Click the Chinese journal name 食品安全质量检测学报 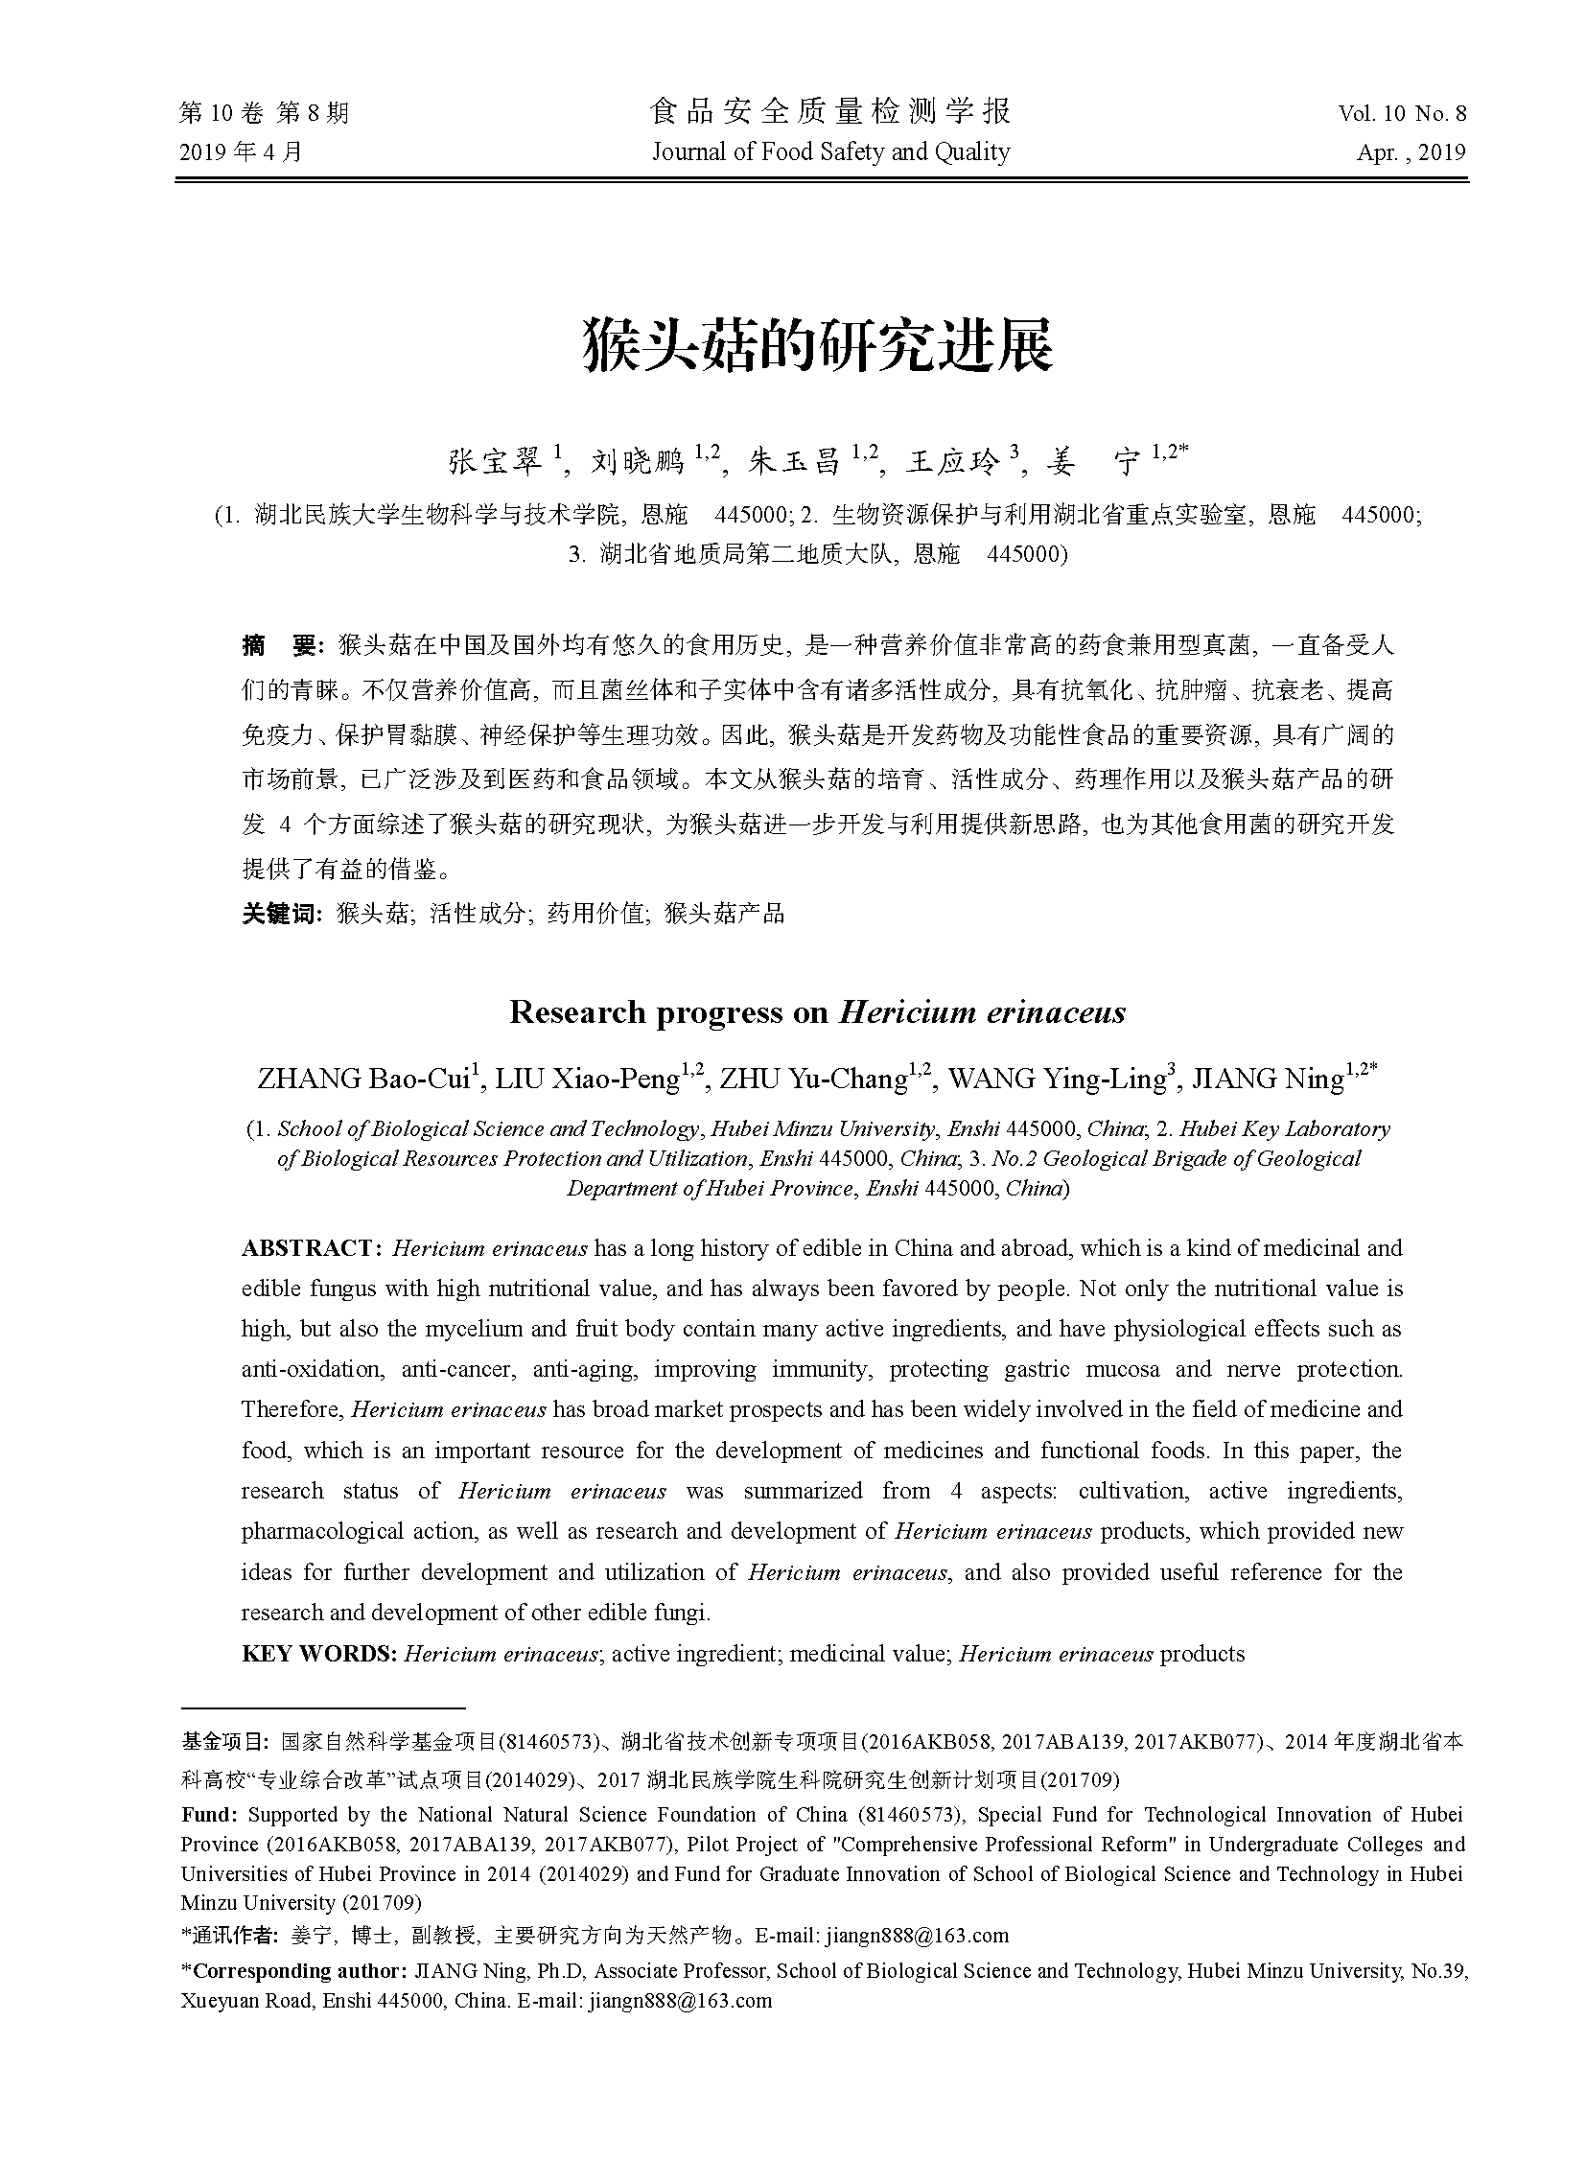click(x=830, y=112)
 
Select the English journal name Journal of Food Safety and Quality click(x=830, y=152)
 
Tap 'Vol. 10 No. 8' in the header click(x=1402, y=113)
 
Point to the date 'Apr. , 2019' click(x=1411, y=152)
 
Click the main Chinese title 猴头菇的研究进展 click(x=819, y=345)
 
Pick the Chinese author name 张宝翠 click(x=495, y=462)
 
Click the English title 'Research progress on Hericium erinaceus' click(x=817, y=1012)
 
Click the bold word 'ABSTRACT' click(x=307, y=1248)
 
